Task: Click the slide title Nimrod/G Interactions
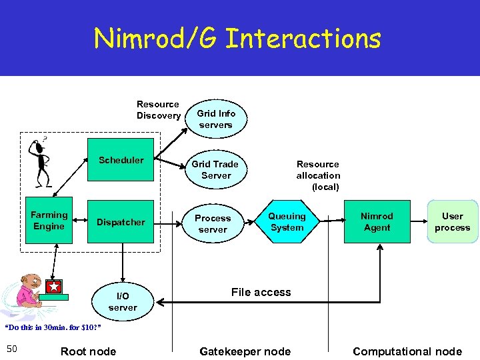pyautogui.click(x=237, y=39)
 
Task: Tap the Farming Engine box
pyautogui.click(x=49, y=221)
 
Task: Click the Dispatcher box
pyautogui.click(x=121, y=222)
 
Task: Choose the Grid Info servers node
pyautogui.click(x=216, y=119)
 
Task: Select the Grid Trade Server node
pyautogui.click(x=216, y=170)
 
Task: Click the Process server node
pyautogui.click(x=213, y=223)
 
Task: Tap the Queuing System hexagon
pyautogui.click(x=287, y=222)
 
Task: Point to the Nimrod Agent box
pyautogui.click(x=377, y=222)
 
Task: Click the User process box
pyautogui.click(x=452, y=222)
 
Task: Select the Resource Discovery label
pyautogui.click(x=158, y=110)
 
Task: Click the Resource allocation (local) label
pyautogui.click(x=318, y=175)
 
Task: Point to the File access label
pyautogui.click(x=261, y=292)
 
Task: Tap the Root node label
pyautogui.click(x=88, y=351)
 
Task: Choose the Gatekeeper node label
pyautogui.click(x=245, y=351)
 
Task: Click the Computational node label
pyautogui.click(x=407, y=351)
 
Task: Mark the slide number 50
pyautogui.click(x=11, y=349)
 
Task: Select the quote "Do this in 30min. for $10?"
pyautogui.click(x=47, y=328)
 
